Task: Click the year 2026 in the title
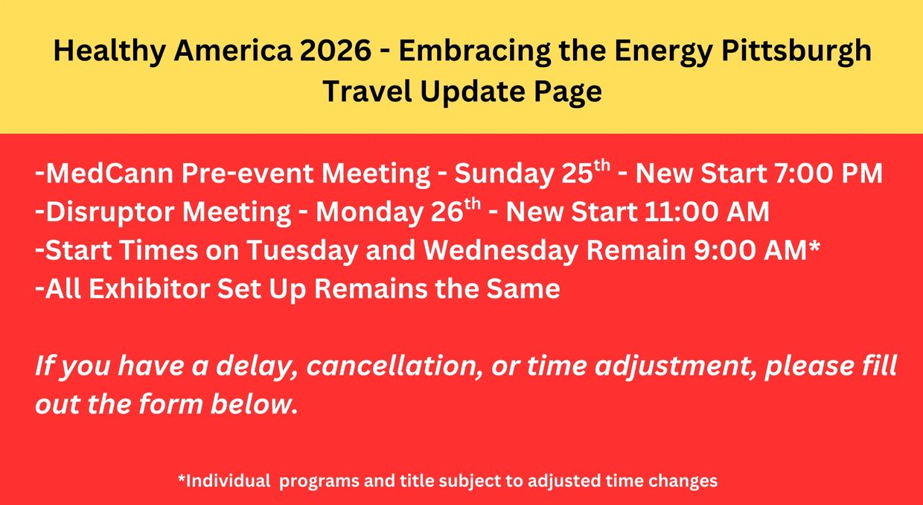[336, 51]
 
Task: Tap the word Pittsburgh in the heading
[796, 52]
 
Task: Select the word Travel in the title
[367, 91]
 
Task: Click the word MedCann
[109, 173]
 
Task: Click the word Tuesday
[301, 251]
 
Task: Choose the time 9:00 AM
[750, 250]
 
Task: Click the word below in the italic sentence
[253, 404]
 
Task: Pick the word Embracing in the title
[474, 52]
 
